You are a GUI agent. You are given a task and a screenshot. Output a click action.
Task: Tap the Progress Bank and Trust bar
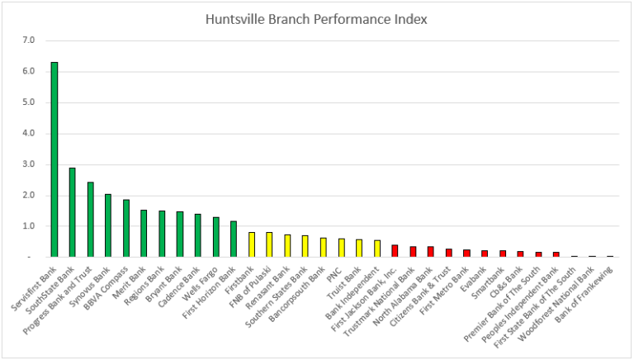90,220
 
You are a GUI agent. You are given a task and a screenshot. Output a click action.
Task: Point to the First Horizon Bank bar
234,239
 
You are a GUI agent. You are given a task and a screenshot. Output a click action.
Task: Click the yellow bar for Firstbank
252,244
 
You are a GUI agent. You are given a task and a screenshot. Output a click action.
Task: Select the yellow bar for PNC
341,248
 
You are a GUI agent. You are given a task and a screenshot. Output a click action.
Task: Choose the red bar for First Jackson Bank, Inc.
395,251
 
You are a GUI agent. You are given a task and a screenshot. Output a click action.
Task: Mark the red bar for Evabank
484,253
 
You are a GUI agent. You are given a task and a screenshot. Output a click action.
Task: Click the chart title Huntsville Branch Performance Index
316,18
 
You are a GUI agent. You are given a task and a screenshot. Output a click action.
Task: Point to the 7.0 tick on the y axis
29,40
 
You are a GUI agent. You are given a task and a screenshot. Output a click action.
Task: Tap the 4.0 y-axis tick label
29,133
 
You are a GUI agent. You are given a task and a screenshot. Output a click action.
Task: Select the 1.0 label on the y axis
29,226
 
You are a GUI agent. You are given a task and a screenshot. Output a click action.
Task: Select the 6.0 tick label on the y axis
29,72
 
